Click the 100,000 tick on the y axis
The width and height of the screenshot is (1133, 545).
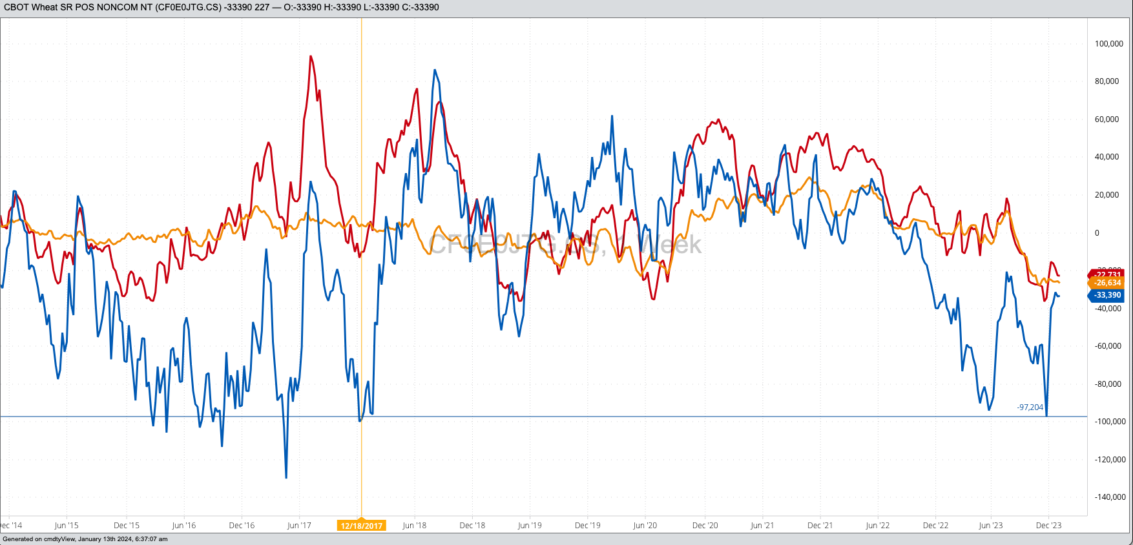[x=1108, y=44]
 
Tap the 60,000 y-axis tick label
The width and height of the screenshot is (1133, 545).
[x=1107, y=119]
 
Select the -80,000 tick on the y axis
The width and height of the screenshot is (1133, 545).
[x=1108, y=384]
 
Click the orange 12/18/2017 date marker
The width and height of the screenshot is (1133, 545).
[x=362, y=526]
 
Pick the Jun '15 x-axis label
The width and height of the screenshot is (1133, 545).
[x=67, y=526]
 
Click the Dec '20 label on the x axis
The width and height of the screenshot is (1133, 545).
[x=705, y=526]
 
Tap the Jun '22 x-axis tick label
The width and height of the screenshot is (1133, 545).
[x=877, y=526]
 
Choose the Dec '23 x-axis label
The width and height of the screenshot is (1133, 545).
[x=1048, y=526]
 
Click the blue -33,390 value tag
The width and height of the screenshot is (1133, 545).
[x=1107, y=295]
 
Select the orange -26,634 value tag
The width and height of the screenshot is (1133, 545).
[x=1107, y=283]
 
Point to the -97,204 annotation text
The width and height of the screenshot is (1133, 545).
[x=1030, y=407]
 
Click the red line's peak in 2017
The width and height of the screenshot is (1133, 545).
[x=311, y=56]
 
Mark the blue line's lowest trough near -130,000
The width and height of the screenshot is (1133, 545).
[x=286, y=478]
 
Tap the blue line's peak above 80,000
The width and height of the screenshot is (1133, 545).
[x=435, y=70]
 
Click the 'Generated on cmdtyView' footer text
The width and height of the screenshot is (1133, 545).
[x=85, y=539]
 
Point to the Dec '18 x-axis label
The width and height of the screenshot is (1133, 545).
[x=472, y=526]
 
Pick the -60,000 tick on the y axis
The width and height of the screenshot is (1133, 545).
[x=1108, y=346]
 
